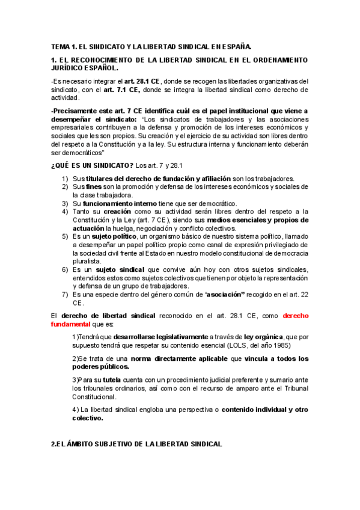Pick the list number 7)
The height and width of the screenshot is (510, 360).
[66, 295]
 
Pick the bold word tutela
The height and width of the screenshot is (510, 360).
[112, 380]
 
